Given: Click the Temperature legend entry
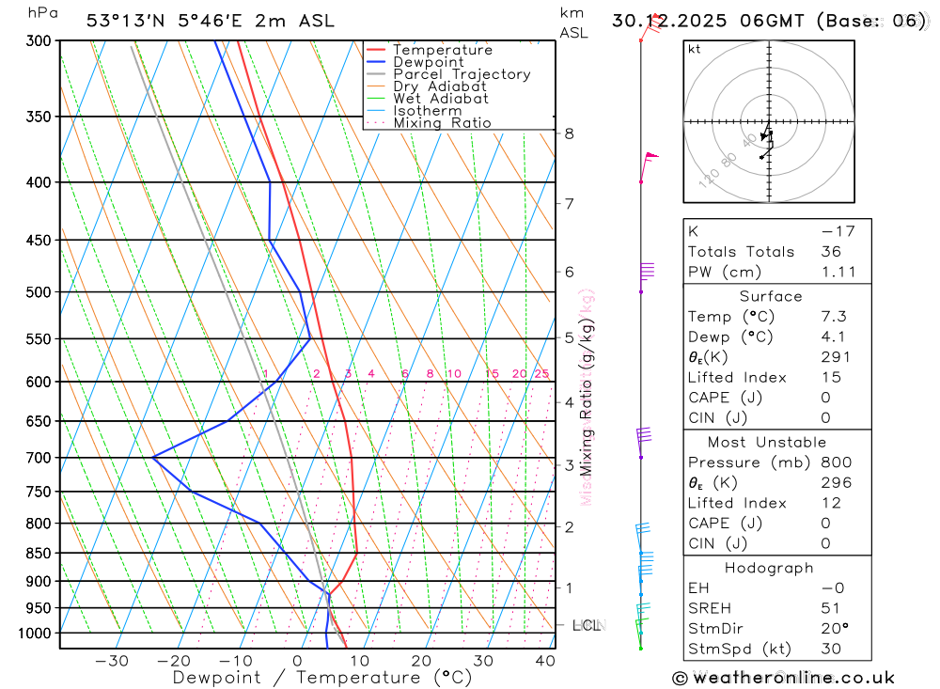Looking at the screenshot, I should (442, 50).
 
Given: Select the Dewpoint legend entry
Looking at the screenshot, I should (428, 62).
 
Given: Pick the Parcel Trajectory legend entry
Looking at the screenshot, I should (462, 74).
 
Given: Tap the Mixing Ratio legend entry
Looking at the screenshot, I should (442, 122).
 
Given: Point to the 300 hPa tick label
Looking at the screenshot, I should (39, 40).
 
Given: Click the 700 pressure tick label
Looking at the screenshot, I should (39, 458).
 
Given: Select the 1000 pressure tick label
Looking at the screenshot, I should (35, 634).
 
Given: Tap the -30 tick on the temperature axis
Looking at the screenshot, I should (112, 661).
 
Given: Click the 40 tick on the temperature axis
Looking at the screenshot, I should (544, 661).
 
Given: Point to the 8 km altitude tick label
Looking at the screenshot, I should (569, 133).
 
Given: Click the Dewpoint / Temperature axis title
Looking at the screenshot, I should (321, 677).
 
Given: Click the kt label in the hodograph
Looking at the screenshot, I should (695, 49).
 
